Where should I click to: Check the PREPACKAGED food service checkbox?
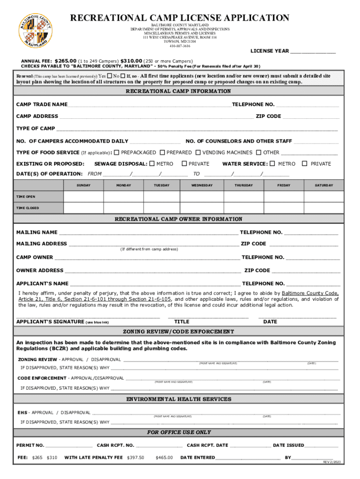117,152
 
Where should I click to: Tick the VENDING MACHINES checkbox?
198,152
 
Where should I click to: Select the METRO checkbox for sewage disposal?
151,164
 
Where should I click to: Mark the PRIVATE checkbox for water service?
305,164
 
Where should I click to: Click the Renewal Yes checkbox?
109,76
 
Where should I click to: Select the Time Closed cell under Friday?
284,208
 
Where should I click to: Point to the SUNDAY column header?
84,186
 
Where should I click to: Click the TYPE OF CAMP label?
36,129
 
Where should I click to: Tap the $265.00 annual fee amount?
65,61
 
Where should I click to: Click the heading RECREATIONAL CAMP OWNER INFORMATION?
179,219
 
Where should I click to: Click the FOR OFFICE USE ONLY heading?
179,433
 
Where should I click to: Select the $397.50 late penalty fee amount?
136,457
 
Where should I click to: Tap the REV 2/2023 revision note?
331,462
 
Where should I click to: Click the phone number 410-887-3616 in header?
180,46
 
